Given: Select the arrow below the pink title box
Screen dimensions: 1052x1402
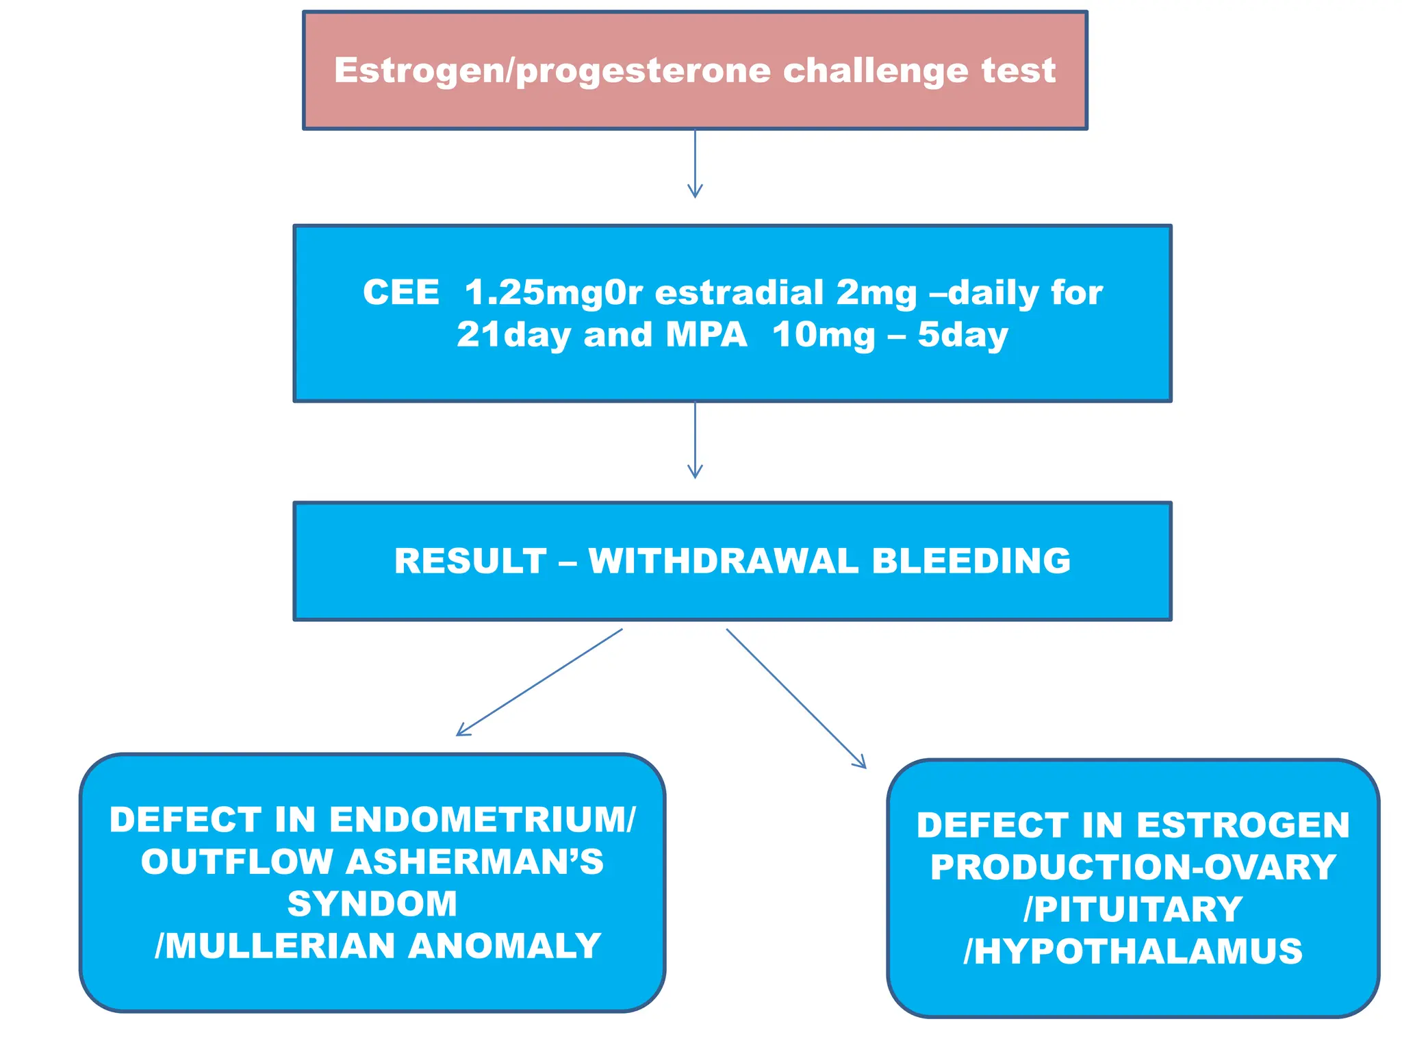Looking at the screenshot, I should (x=695, y=164).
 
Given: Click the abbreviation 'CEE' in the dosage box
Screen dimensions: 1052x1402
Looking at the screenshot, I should (x=401, y=293).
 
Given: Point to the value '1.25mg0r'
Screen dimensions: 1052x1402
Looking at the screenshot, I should (x=554, y=293).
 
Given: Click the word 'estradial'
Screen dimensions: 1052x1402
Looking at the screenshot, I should (x=739, y=293).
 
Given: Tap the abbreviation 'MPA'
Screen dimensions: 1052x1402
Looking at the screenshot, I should (x=706, y=336).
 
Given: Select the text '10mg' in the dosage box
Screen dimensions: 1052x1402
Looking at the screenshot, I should (x=824, y=336).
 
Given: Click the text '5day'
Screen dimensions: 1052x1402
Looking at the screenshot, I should (x=963, y=336).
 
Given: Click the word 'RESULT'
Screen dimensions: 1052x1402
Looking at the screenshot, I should (x=470, y=562).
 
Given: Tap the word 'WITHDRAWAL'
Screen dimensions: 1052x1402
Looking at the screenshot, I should (x=723, y=562).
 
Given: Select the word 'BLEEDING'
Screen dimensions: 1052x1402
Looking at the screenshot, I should (x=971, y=562).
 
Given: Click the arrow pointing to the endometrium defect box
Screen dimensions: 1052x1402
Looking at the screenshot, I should (x=539, y=683).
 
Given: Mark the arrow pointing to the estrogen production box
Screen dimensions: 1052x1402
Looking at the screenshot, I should (x=796, y=699).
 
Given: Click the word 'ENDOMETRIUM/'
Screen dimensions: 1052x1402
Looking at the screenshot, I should (x=483, y=820).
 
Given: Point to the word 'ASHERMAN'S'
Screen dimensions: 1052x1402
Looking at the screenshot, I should (x=474, y=862).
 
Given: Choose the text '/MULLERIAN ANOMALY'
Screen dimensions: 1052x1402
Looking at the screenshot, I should (x=378, y=947).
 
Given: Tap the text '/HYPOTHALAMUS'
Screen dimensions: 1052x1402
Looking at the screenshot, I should (x=1133, y=952).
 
